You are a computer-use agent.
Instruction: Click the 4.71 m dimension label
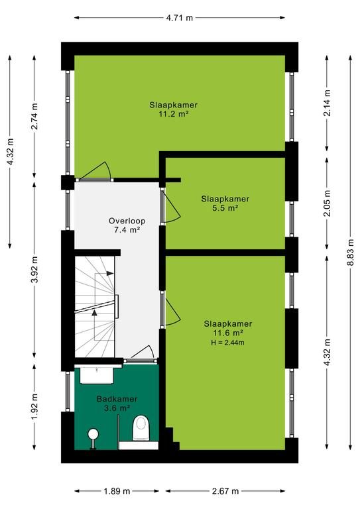click(180, 18)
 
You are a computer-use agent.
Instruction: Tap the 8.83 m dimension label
click(350, 253)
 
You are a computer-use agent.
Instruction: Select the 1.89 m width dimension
click(117, 491)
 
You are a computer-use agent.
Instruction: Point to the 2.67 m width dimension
click(225, 491)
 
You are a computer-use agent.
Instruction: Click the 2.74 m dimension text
click(34, 116)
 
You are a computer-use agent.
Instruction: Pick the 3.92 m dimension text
click(34, 270)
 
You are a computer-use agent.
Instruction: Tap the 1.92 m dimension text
click(34, 406)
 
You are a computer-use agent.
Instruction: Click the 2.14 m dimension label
click(327, 103)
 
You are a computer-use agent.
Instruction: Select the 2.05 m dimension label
click(327, 203)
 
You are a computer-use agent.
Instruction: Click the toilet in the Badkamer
click(141, 429)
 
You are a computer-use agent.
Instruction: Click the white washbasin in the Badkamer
click(97, 375)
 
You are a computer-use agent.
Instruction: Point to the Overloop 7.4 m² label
click(127, 225)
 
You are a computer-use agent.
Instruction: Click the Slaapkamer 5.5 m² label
click(225, 203)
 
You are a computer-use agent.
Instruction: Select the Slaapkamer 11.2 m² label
click(173, 109)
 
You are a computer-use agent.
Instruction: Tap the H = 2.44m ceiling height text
click(227, 343)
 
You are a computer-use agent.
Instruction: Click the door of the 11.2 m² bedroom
click(94, 172)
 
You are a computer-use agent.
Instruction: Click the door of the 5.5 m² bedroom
click(170, 207)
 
